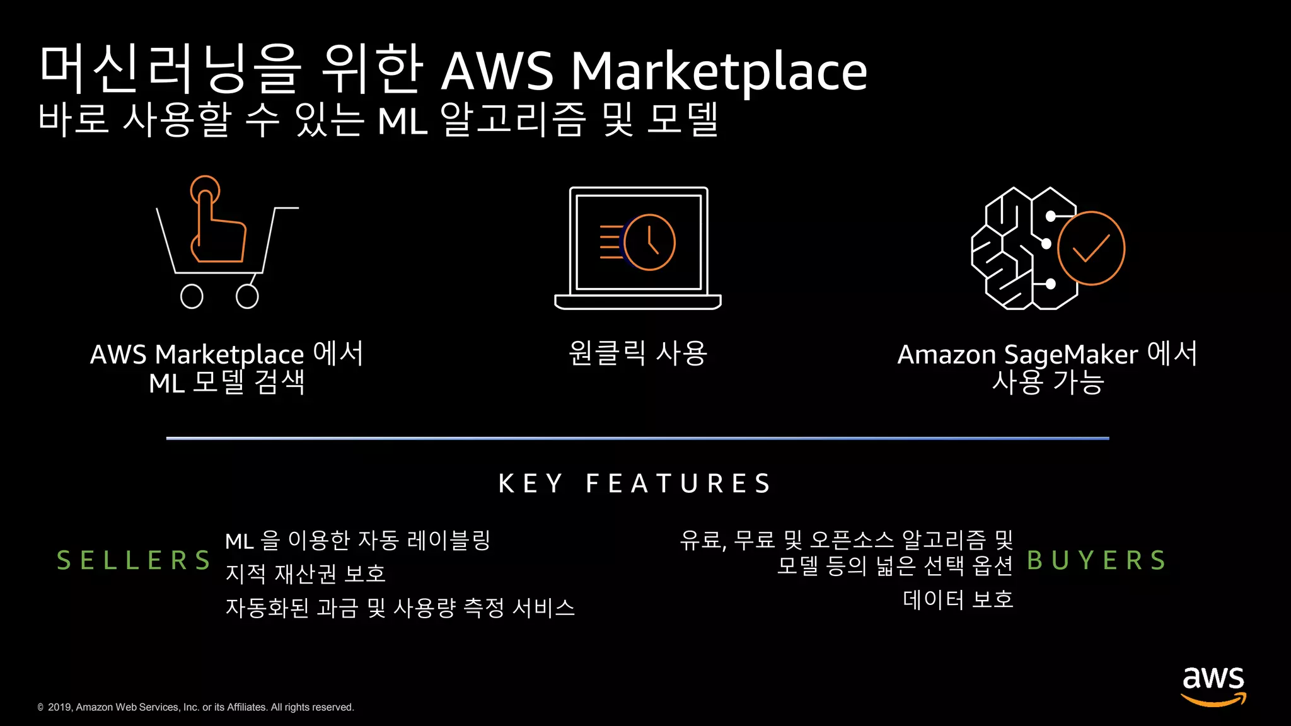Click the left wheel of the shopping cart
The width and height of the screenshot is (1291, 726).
[192, 296]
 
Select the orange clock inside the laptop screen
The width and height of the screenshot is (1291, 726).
[650, 242]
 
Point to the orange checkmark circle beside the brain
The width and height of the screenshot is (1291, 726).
[1091, 248]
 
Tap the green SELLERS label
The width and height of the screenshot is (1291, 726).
[134, 560]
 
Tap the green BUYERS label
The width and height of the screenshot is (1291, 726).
[1096, 560]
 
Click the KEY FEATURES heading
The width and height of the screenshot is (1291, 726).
[635, 484]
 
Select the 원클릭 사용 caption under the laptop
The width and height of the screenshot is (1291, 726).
[637, 354]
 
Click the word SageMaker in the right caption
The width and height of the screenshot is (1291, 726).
[1070, 355]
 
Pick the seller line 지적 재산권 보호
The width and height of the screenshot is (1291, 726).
[305, 573]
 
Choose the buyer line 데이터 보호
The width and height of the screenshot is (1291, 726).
[958, 599]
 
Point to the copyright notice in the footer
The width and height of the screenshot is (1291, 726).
[196, 707]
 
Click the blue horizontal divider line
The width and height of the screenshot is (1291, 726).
[637, 438]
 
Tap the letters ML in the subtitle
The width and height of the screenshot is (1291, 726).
[402, 121]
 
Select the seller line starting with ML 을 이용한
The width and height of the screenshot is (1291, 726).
[357, 541]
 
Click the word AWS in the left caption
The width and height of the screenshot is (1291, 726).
[118, 355]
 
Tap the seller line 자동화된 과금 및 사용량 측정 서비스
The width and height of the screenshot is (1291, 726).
[400, 608]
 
